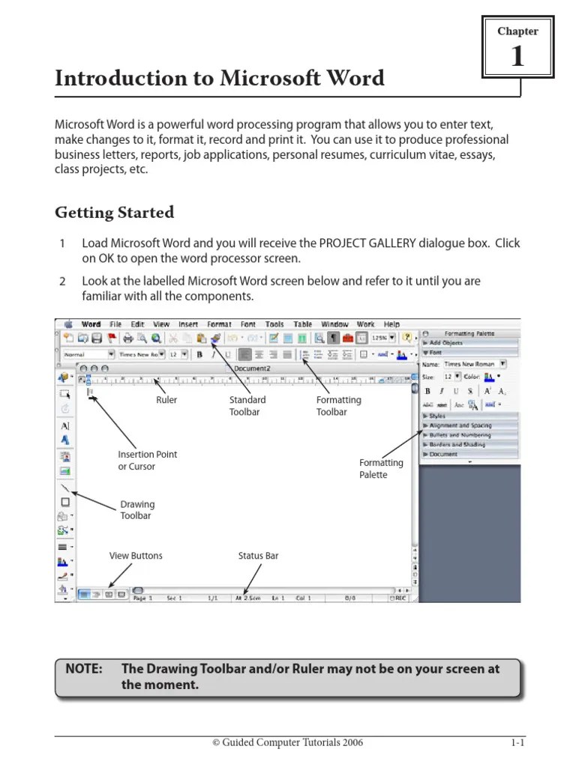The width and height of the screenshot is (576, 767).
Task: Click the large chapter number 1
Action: point(517,57)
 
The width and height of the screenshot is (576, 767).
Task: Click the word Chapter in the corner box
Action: point(517,31)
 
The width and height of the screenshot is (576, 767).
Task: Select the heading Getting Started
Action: point(114,213)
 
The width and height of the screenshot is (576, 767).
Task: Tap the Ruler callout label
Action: point(166,400)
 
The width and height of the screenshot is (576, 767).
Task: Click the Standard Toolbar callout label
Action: point(247,406)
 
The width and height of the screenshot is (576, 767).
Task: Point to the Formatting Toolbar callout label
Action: point(338,406)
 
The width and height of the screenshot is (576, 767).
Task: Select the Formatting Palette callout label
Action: point(381,469)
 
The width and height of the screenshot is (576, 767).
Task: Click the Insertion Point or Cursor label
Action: point(147,461)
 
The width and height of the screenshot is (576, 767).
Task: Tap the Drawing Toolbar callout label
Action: point(137,510)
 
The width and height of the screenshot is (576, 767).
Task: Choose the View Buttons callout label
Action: point(136,556)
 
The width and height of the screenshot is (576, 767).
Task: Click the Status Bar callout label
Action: point(258,556)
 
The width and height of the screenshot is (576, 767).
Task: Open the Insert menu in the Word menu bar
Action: point(188,324)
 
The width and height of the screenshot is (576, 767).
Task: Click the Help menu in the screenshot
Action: point(391,324)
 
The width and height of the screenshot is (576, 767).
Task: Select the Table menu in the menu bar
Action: point(303,324)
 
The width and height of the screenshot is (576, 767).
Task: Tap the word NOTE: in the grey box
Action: point(84,669)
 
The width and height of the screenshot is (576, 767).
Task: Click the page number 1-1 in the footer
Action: point(517,743)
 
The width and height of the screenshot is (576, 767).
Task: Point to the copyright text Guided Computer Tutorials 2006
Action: point(288,743)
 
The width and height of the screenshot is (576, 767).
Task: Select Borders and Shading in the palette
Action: point(457,444)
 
